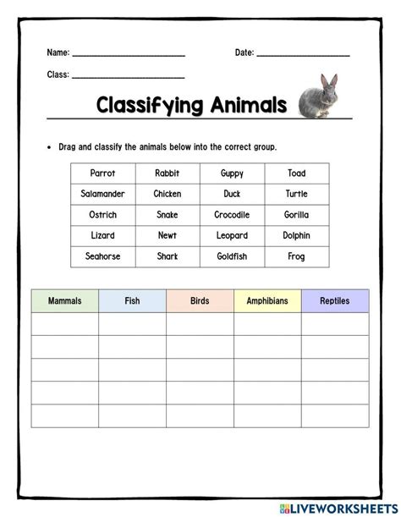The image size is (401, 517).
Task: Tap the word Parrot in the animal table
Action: coord(103,173)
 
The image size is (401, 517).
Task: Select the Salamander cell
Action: coord(103,194)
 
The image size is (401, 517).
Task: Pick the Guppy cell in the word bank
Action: coord(231,173)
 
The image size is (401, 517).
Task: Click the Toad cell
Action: coord(296,173)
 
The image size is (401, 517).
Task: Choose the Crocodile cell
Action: coord(231,215)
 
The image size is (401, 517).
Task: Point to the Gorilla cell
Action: coord(296,215)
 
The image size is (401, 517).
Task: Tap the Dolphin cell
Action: coord(296,235)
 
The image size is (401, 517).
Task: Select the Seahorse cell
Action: coord(103,256)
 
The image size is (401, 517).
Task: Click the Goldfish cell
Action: coord(231,256)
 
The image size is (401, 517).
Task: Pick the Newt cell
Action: coord(168,235)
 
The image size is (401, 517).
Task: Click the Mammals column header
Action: coord(65,300)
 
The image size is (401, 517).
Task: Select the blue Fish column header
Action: coord(132,300)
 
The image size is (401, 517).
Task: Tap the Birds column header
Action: coord(200,300)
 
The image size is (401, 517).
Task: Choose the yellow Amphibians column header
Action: coord(267,300)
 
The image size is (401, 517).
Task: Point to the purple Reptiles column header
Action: coord(335,300)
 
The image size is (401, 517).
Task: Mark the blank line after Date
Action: coord(303,54)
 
